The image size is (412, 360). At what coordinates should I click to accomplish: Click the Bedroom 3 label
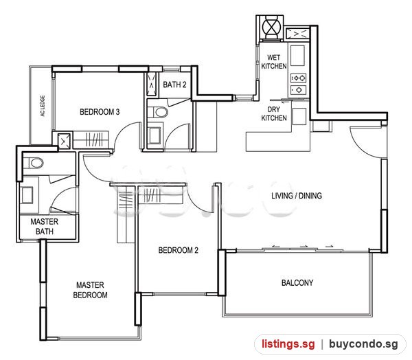[100, 112]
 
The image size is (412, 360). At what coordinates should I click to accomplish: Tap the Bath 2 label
[174, 85]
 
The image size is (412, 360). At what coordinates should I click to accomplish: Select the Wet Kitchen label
[274, 62]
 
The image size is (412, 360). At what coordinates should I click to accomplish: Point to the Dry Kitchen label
[274, 113]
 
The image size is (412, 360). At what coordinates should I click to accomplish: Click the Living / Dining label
[297, 196]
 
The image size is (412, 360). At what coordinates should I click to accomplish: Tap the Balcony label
[297, 283]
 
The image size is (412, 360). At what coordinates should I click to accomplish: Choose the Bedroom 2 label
[178, 250]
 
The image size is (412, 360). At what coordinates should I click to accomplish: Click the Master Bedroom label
[90, 290]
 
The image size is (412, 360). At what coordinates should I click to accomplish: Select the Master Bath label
[45, 227]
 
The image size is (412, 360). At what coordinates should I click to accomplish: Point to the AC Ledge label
[43, 106]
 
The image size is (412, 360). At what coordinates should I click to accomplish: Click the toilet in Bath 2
[158, 112]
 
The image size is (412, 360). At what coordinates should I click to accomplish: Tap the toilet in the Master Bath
[34, 163]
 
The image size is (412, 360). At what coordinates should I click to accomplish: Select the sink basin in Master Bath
[27, 195]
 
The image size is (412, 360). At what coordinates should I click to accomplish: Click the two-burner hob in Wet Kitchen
[298, 78]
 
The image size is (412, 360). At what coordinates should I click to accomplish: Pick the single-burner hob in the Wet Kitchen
[298, 90]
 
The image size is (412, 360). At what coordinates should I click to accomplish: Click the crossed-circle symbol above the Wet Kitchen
[271, 27]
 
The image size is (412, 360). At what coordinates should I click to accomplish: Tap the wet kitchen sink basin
[298, 56]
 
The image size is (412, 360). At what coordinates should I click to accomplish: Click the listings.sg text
[288, 344]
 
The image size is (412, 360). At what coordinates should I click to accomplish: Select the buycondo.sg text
[363, 344]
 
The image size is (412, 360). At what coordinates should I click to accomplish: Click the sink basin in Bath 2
[154, 136]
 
